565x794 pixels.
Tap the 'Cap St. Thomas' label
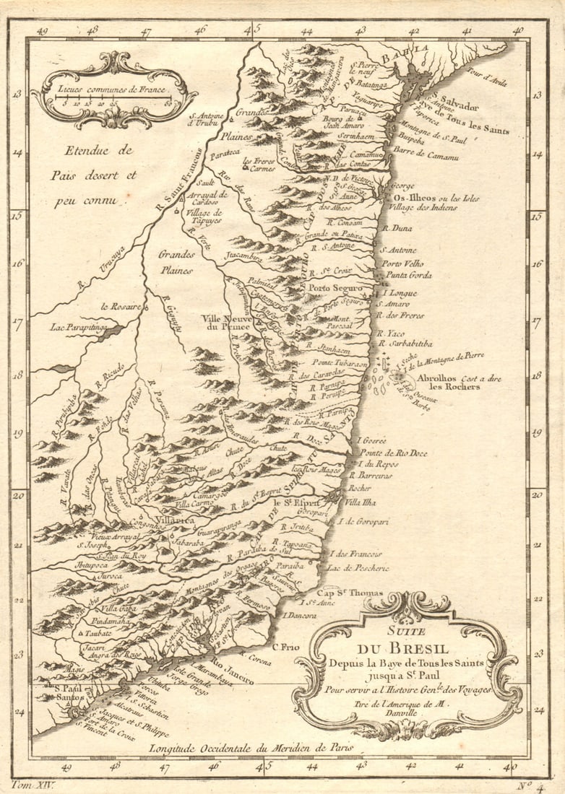coord(341,593)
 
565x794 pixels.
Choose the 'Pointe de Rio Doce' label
coord(393,453)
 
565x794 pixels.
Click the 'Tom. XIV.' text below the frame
coord(33,784)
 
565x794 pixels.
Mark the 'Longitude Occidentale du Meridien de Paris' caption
coord(251,749)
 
